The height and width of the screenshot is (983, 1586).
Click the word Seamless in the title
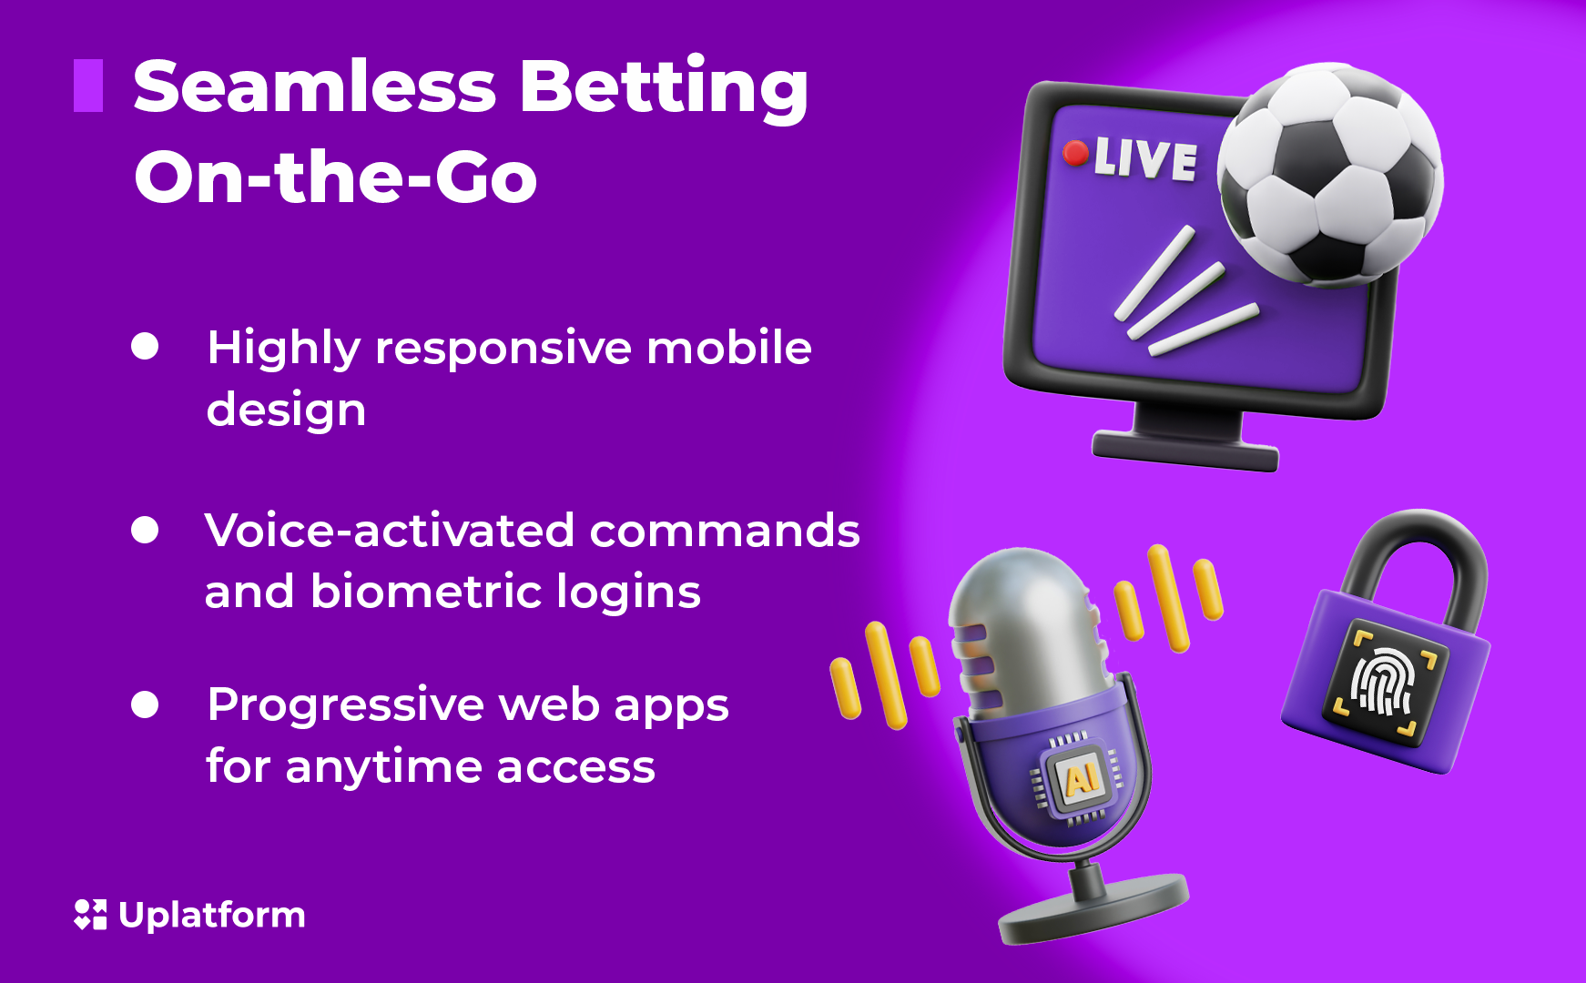point(314,87)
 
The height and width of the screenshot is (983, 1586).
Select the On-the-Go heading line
point(335,177)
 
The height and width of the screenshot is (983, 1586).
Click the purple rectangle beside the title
point(88,86)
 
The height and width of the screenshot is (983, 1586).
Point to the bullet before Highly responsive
point(145,347)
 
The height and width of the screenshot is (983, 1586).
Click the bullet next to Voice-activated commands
point(145,530)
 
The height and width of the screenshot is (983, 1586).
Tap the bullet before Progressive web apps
point(145,704)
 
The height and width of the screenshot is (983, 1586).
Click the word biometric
point(426,592)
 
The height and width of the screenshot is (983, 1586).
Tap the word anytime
point(383,766)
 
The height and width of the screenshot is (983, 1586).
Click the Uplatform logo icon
point(90,915)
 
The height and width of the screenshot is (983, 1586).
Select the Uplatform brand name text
point(212,915)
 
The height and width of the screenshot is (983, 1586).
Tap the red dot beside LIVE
point(1075,153)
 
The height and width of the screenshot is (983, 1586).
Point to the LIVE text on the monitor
point(1145,159)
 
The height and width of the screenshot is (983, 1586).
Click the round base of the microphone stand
point(1093,910)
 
